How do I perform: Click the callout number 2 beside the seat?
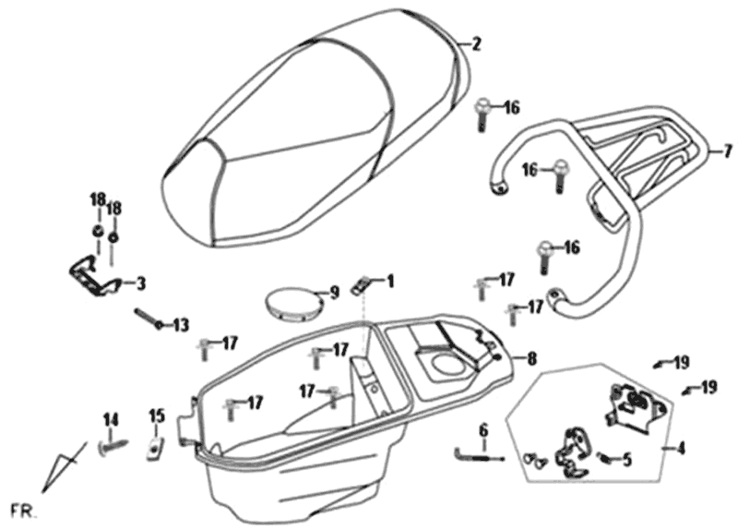(x=476, y=43)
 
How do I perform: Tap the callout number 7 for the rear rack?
(x=727, y=151)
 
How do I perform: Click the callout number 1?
(x=390, y=279)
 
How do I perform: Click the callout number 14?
(x=111, y=420)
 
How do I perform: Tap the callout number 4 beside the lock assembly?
(x=681, y=450)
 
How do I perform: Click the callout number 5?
(x=626, y=459)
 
